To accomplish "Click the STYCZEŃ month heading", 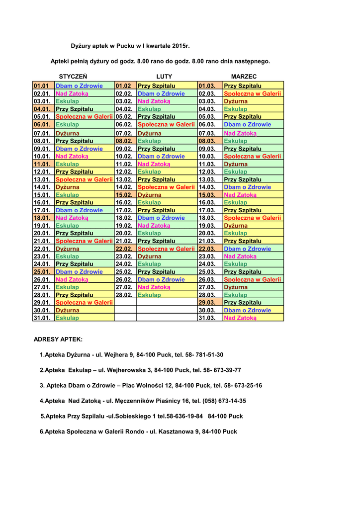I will pos(73,77).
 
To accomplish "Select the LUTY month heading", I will pos(164,77).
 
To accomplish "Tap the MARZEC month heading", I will pos(244,77).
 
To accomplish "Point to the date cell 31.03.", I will pos(208,318).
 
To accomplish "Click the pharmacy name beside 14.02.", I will pos(166,187).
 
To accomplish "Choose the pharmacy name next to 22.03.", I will pos(248,249).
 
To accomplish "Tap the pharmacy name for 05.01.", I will pos(84,117).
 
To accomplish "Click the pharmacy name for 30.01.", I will pos(68,310).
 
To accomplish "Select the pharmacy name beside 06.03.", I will pos(248,124).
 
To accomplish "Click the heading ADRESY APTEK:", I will pos(58,339).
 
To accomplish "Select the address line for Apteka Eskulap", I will pos(140,370).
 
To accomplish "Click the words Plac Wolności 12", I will pos(147,385).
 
